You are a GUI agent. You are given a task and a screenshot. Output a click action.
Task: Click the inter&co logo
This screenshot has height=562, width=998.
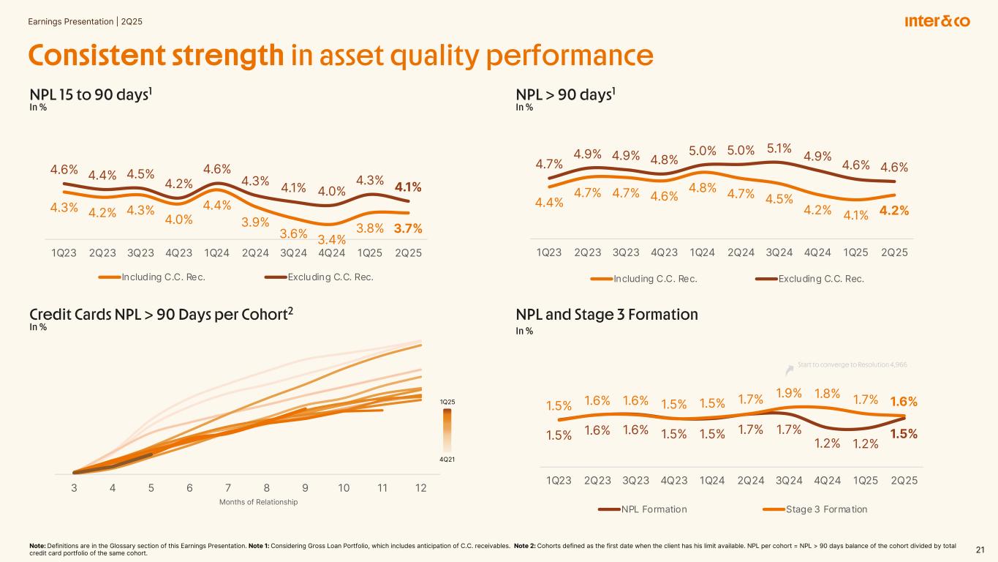[x=937, y=22]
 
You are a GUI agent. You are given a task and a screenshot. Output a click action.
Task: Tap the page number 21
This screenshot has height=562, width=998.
[x=980, y=550]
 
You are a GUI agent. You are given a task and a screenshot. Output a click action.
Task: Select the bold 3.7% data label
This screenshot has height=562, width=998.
[x=407, y=228]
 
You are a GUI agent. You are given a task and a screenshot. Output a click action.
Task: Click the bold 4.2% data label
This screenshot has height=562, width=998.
[x=894, y=211]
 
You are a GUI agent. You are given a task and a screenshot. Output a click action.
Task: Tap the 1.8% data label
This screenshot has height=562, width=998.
[x=827, y=394]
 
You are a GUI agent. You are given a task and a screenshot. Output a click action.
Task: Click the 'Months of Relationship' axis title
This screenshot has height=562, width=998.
[x=259, y=502]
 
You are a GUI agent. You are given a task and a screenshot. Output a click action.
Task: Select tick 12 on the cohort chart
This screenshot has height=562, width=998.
[x=420, y=488]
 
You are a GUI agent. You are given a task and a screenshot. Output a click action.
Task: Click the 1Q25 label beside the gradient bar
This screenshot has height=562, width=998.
[x=448, y=402]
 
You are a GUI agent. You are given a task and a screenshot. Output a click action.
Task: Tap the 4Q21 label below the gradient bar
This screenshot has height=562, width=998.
[x=448, y=459]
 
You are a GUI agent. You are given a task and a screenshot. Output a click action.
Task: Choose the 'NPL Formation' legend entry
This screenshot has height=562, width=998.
[x=653, y=509]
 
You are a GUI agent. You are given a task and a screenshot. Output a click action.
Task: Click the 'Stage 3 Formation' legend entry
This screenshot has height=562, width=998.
[x=825, y=509]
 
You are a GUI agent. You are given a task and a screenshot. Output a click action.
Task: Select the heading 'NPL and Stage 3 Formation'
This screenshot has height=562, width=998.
[x=607, y=315]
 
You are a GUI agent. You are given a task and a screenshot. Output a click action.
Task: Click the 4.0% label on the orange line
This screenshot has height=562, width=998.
[x=179, y=219]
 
